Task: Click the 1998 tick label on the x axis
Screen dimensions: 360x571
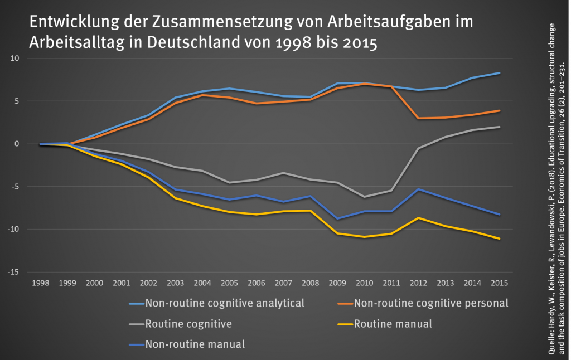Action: pos(41,283)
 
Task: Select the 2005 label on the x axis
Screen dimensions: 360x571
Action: pos(229,283)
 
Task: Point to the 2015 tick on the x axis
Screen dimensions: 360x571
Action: pos(499,283)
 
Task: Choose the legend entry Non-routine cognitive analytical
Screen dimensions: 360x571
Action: pos(224,304)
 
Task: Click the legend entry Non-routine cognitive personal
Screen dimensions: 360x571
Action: pos(431,304)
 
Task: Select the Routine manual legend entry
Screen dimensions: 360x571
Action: pos(393,324)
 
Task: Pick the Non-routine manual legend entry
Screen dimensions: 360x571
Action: pos(194,344)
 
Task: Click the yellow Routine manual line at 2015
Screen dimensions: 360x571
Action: pos(499,239)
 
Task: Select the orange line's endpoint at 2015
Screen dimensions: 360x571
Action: pos(499,111)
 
